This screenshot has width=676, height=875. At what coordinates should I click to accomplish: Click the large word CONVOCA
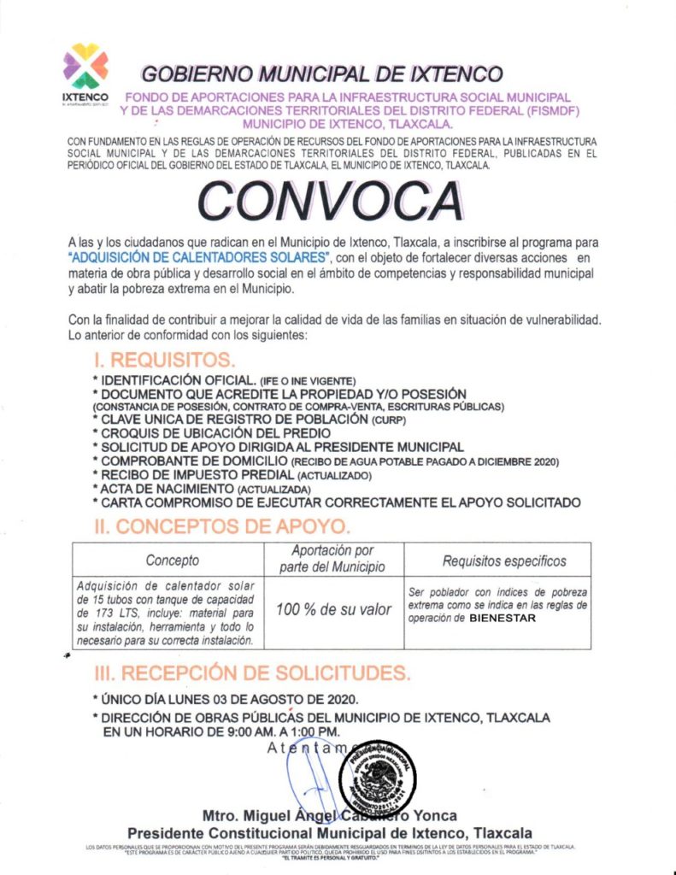coord(330,201)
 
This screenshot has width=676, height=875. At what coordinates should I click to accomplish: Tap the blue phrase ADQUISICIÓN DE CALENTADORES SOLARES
coord(199,257)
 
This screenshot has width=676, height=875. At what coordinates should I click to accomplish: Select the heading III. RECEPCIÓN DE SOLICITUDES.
coord(246,672)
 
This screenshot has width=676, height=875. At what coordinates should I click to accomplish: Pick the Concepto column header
coord(172,561)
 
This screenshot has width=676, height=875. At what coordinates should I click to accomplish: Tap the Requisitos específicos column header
coord(504,561)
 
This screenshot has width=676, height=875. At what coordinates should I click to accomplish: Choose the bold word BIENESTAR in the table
coord(503,619)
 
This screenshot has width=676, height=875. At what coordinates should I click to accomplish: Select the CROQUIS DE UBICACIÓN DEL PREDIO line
coord(210,433)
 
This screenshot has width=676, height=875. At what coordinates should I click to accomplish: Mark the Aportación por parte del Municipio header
coord(332,559)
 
